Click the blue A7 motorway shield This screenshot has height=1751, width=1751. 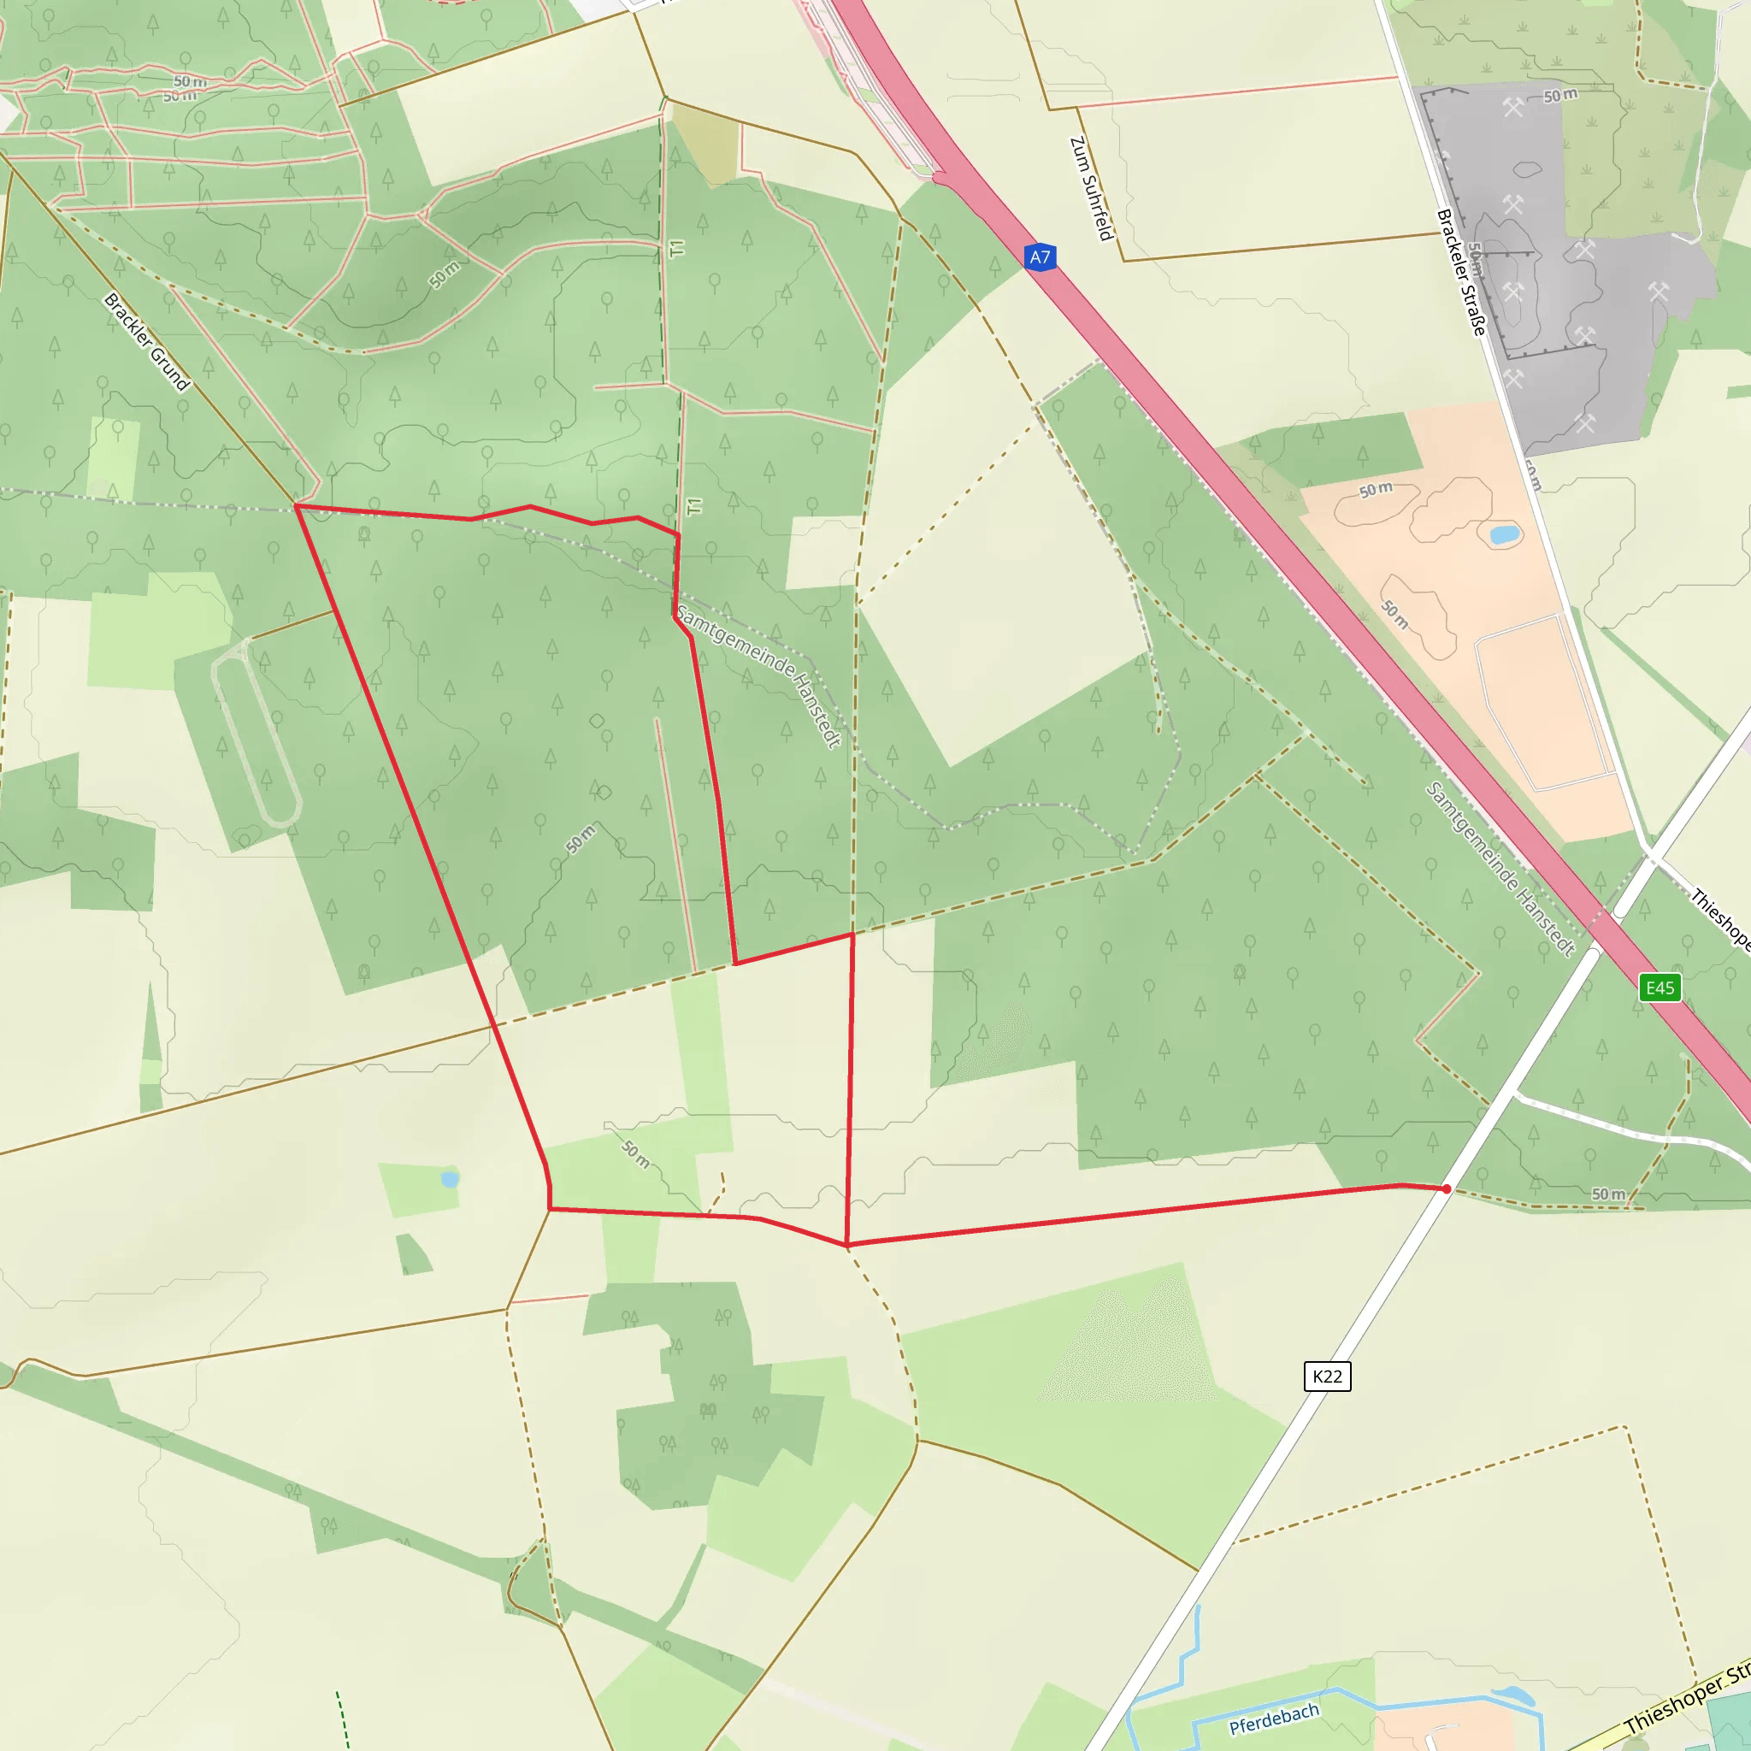(x=1040, y=257)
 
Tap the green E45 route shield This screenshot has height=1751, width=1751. (x=1660, y=988)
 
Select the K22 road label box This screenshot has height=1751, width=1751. (x=1327, y=1377)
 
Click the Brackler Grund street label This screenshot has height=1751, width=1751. (x=147, y=342)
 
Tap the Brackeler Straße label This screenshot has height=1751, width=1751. (x=1462, y=272)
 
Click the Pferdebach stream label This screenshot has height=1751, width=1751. (x=1273, y=1719)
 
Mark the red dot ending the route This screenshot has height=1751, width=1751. (x=1447, y=1188)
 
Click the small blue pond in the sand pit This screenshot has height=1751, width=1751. (x=1505, y=534)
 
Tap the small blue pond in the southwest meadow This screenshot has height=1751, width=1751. (x=450, y=1179)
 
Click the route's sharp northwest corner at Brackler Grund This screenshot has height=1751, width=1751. (x=297, y=506)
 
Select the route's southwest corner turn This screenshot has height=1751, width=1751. (x=550, y=1209)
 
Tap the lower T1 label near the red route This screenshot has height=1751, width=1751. (x=695, y=506)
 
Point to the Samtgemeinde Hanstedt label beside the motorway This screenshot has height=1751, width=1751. (x=1500, y=869)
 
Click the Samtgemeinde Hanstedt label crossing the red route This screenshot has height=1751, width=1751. (x=758, y=675)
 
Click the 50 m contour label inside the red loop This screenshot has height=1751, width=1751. (x=581, y=839)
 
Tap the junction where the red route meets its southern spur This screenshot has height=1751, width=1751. (x=847, y=1244)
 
